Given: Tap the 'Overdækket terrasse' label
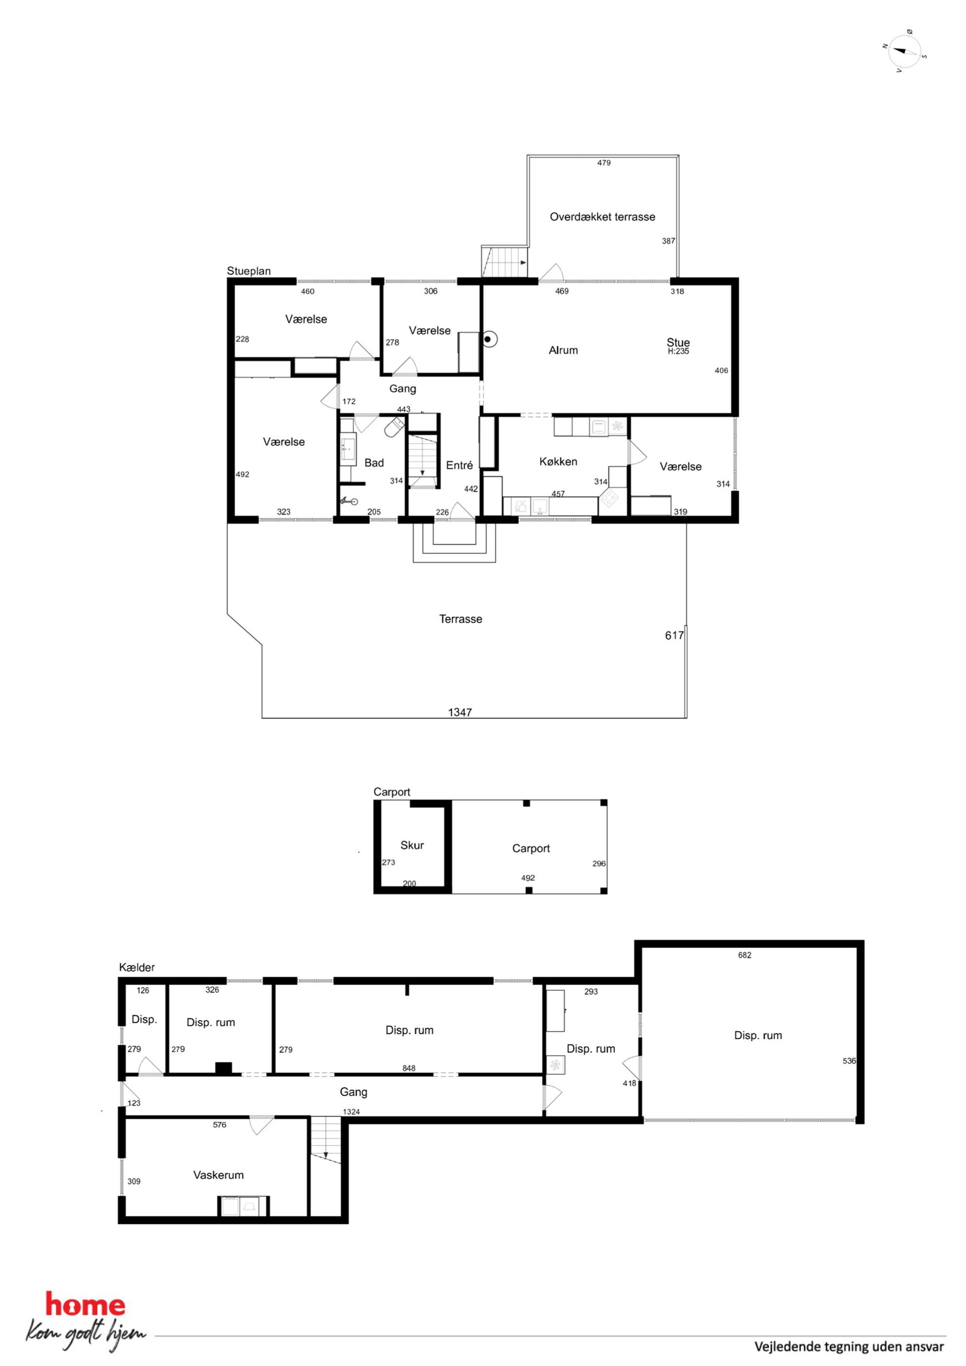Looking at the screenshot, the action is [602, 217].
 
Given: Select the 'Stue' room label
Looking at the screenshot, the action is [678, 342].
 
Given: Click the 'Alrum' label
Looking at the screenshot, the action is [563, 351].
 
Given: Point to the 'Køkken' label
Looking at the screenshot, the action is [558, 461].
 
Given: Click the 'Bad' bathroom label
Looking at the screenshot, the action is [374, 462].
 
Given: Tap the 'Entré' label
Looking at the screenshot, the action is [460, 465].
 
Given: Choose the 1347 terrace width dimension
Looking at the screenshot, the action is [460, 712].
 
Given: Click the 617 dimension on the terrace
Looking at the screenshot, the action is [674, 635].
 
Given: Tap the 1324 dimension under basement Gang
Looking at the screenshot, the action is [352, 1111].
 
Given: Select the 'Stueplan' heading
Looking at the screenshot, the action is [249, 271].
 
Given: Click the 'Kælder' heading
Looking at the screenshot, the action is [137, 967].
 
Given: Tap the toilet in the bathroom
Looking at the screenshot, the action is [394, 426].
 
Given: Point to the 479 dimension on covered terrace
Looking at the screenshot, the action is [604, 163].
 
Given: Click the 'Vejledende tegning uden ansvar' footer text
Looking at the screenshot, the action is [849, 1347].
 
